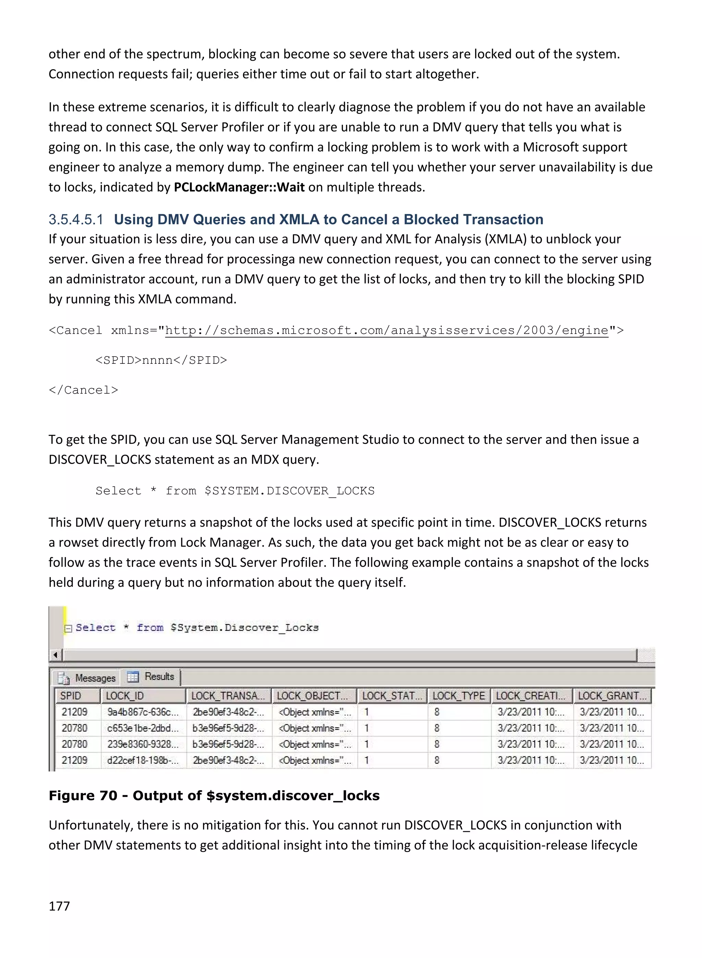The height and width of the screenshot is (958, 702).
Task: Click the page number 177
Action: pyautogui.click(x=59, y=906)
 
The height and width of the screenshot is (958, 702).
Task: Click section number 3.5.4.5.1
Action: pyautogui.click(x=76, y=219)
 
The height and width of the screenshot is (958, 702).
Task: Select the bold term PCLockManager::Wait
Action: pyautogui.click(x=239, y=187)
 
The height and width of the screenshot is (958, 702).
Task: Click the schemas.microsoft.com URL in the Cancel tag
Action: pyautogui.click(x=386, y=330)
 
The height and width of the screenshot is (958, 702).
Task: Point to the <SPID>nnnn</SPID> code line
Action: pyautogui.click(x=161, y=360)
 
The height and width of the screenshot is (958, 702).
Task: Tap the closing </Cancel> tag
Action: pyautogui.click(x=83, y=390)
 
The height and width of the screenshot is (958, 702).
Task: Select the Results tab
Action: pyautogui.click(x=152, y=676)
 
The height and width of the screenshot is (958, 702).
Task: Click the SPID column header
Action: pyautogui.click(x=71, y=696)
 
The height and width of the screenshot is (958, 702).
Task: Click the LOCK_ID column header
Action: pyautogui.click(x=124, y=696)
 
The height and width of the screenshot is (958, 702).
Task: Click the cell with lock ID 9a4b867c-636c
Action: pyautogui.click(x=142, y=712)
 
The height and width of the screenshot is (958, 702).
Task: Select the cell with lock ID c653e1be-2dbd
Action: pyautogui.click(x=142, y=728)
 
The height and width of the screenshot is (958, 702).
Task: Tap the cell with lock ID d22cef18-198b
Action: pyautogui.click(x=142, y=761)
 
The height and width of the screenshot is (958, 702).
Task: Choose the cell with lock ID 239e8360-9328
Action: pyautogui.click(x=142, y=744)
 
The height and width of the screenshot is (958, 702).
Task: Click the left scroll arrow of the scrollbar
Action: pyautogui.click(x=55, y=655)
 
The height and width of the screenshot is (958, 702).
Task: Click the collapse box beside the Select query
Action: pyautogui.click(x=68, y=628)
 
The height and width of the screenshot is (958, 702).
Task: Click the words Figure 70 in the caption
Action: pyautogui.click(x=83, y=795)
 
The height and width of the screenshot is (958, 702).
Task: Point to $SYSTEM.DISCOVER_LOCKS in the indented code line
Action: pyautogui.click(x=289, y=491)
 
